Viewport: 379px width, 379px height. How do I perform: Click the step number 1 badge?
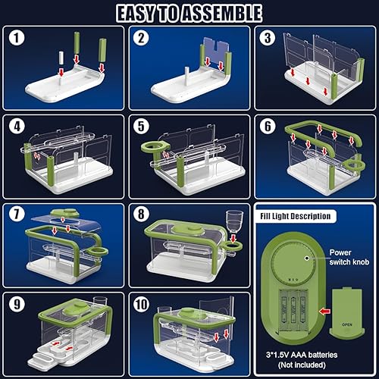pyautogui.click(x=17, y=38)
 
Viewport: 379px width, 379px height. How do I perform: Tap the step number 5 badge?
pyautogui.click(x=141, y=126)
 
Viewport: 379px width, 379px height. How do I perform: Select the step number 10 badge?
pyautogui.click(x=142, y=304)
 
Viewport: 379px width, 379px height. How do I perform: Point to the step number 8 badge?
pyautogui.click(x=141, y=214)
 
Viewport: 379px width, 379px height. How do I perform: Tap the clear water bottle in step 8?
pyautogui.click(x=234, y=221)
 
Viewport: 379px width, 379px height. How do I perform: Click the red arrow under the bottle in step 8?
pyautogui.click(x=233, y=238)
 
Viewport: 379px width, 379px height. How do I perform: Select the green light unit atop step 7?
pyautogui.click(x=64, y=213)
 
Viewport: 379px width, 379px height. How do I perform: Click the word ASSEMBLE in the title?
pyautogui.click(x=221, y=14)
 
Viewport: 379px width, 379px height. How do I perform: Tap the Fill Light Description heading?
pyautogui.click(x=296, y=216)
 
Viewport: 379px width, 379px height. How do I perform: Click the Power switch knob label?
pyautogui.click(x=349, y=257)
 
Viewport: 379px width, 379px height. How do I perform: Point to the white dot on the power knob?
pyautogui.click(x=307, y=258)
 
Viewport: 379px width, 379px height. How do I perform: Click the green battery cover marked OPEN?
pyautogui.click(x=347, y=312)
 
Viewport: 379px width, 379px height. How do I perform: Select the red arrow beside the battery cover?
pyautogui.click(x=324, y=312)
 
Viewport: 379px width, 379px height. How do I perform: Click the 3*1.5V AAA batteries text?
pyautogui.click(x=302, y=355)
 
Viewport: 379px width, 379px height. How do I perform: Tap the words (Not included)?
pyautogui.click(x=302, y=365)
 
